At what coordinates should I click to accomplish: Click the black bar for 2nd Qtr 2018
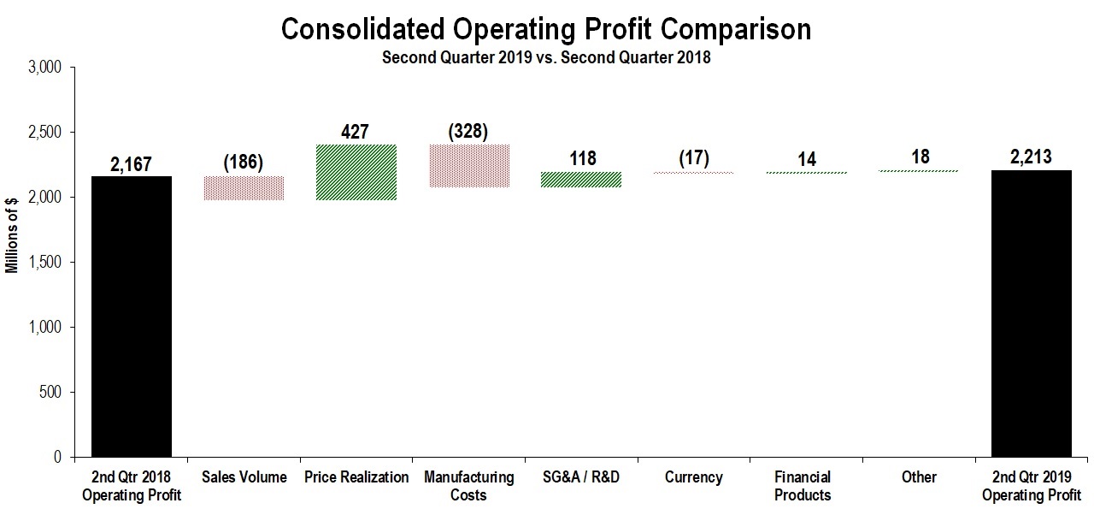click(x=132, y=317)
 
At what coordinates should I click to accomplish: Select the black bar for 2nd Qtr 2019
click(x=1031, y=314)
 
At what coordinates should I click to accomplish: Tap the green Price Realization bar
click(x=356, y=172)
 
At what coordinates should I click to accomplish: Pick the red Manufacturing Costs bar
click(x=468, y=166)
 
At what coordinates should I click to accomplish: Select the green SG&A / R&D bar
click(x=581, y=180)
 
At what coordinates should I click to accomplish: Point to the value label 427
click(x=356, y=132)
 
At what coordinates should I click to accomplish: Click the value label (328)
click(x=468, y=132)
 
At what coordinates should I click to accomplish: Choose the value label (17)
click(x=693, y=158)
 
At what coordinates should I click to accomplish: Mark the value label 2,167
click(x=132, y=163)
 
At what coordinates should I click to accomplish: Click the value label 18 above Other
click(x=919, y=157)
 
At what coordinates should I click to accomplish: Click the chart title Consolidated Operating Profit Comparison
click(x=546, y=29)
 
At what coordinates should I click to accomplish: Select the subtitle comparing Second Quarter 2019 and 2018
click(x=546, y=58)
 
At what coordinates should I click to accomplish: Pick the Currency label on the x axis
click(x=693, y=477)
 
